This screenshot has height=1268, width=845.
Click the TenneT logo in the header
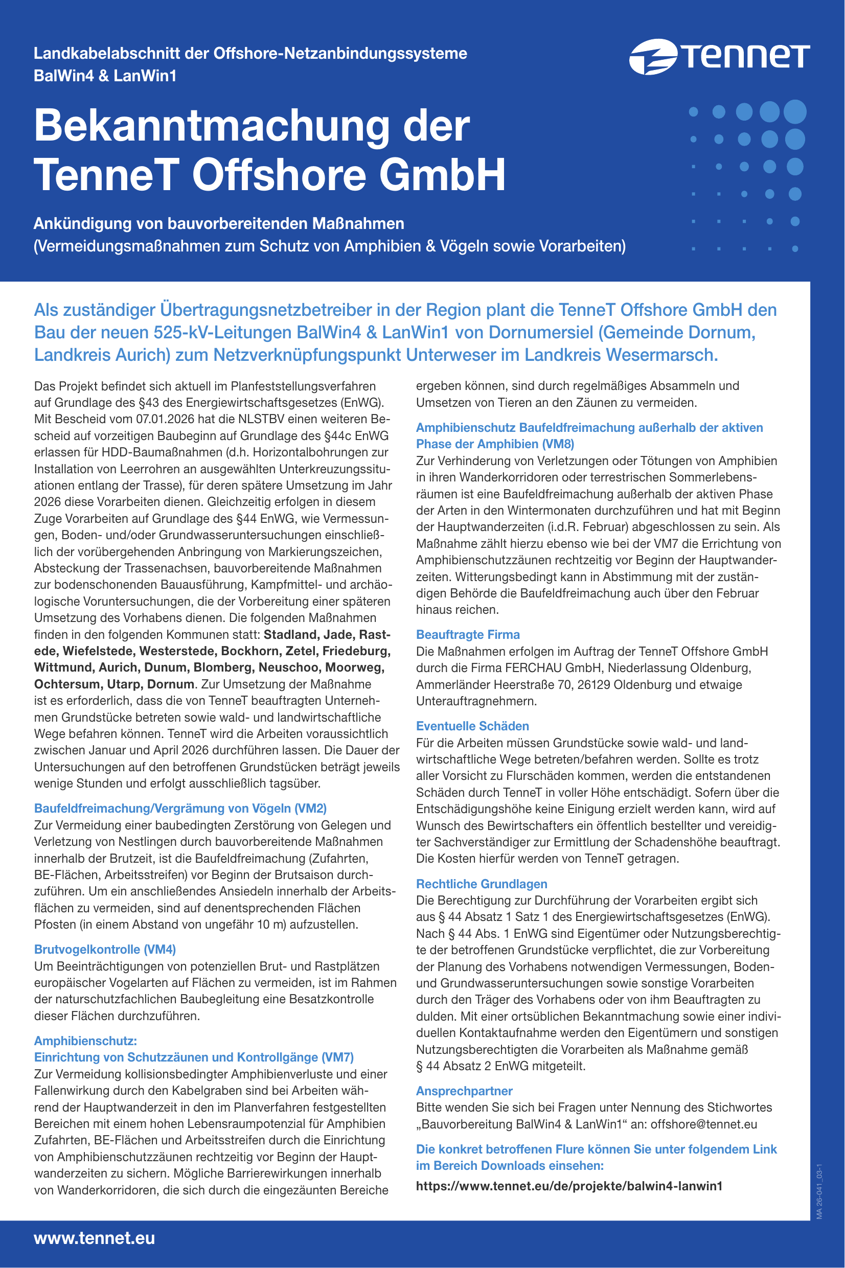click(719, 56)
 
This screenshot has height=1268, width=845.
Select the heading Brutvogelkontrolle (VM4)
click(105, 949)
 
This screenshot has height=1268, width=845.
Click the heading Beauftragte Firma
click(468, 635)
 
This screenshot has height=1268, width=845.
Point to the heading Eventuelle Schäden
click(472, 726)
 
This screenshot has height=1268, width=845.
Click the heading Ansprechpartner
click(464, 1091)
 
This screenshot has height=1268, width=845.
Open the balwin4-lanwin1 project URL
click(569, 1186)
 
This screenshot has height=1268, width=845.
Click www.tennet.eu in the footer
click(94, 1238)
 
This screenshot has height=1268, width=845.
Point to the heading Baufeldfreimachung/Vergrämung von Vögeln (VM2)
click(180, 809)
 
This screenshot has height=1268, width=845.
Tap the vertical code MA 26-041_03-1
click(819, 1191)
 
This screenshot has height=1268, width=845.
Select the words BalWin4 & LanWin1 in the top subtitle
click(105, 76)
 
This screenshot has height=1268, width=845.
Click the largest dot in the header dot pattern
click(795, 111)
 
